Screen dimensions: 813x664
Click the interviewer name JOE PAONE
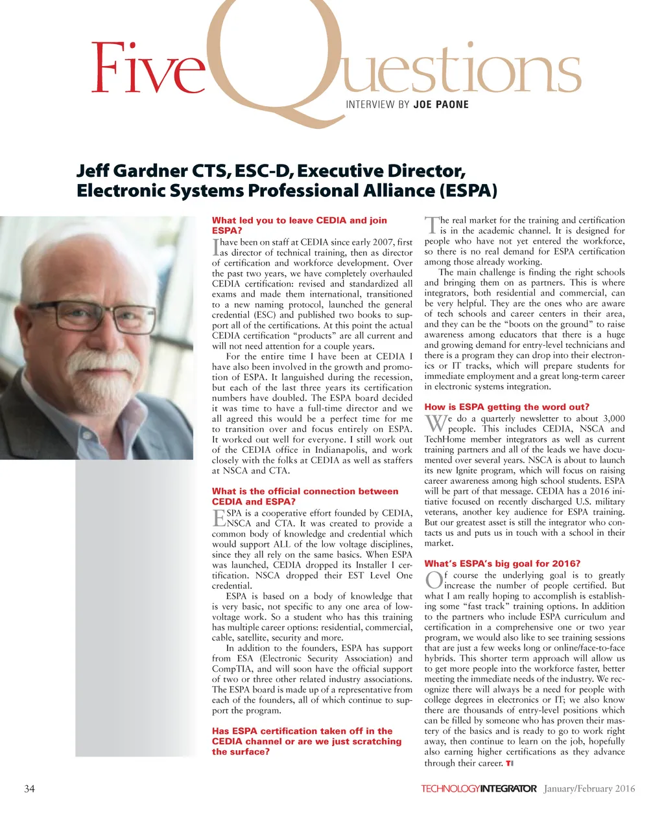441,104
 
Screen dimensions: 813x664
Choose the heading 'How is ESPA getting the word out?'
507,407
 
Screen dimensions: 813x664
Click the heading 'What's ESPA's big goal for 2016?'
503,563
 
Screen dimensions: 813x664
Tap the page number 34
29,788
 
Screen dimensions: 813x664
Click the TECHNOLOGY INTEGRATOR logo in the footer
479,788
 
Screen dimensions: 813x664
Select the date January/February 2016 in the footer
589,788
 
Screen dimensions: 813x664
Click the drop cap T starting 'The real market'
431,225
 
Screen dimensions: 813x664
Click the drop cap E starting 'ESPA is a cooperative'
219,518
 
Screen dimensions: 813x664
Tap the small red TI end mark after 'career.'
510,763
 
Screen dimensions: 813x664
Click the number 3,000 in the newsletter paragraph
613,418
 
